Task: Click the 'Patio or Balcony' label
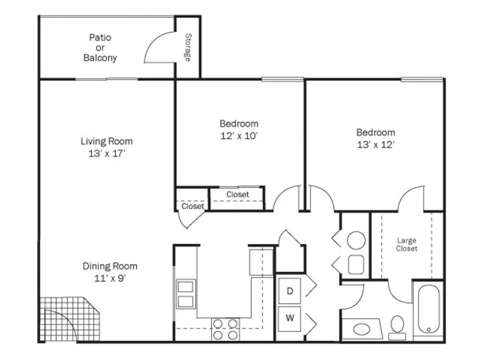click(x=100, y=47)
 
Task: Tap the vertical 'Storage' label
click(x=187, y=47)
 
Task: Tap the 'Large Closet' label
click(x=407, y=244)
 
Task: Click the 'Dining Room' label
click(x=110, y=266)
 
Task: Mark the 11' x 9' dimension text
click(x=110, y=278)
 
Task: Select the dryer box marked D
click(x=289, y=291)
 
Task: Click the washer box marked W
click(x=289, y=318)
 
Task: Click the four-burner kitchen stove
click(x=225, y=329)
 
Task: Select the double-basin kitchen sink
click(x=186, y=293)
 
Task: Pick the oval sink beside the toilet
click(x=361, y=328)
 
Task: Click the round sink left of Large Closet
click(x=355, y=241)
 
